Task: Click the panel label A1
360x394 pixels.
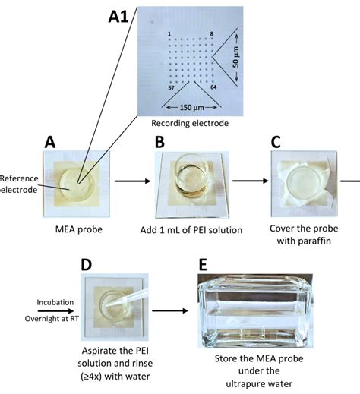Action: tap(118, 17)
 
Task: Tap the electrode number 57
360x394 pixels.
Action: tap(171, 88)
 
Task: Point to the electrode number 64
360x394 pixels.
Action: tap(213, 87)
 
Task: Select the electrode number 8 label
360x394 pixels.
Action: tap(212, 33)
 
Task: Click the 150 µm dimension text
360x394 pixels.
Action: tap(192, 108)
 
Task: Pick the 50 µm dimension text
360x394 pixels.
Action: tap(235, 57)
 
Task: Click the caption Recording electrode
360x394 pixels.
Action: tap(190, 123)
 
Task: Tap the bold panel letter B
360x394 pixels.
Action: tap(159, 142)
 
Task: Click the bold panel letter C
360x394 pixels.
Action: tap(276, 142)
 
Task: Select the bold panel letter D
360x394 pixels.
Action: tap(86, 265)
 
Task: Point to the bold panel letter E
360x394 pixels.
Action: tap(203, 265)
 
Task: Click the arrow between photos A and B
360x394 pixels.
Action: tap(132, 181)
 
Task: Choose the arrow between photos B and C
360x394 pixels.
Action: tap(250, 181)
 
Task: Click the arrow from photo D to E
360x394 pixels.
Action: tap(170, 310)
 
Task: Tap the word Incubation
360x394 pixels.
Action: tap(55, 302)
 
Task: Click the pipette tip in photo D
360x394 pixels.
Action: tap(106, 306)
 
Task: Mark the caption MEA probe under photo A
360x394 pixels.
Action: tap(79, 229)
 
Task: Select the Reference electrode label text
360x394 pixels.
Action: tap(19, 184)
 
